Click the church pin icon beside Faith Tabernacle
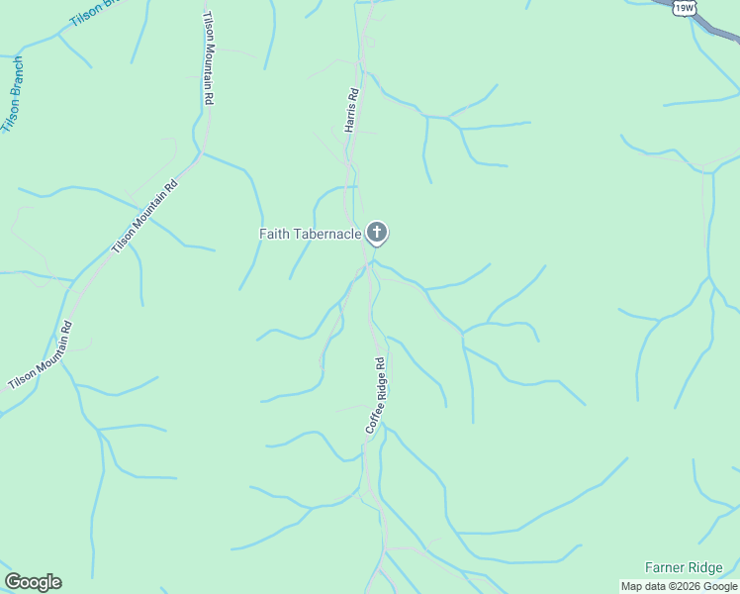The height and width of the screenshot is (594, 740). [x=376, y=233]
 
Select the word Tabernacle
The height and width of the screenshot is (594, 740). [x=326, y=234]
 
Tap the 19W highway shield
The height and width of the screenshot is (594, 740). [x=683, y=8]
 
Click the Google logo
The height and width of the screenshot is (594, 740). [x=33, y=582]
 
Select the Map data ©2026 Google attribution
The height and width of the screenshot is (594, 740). [x=680, y=586]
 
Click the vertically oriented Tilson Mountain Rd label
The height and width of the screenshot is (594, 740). [x=209, y=59]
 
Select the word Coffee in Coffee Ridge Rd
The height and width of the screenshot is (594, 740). [x=372, y=417]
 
